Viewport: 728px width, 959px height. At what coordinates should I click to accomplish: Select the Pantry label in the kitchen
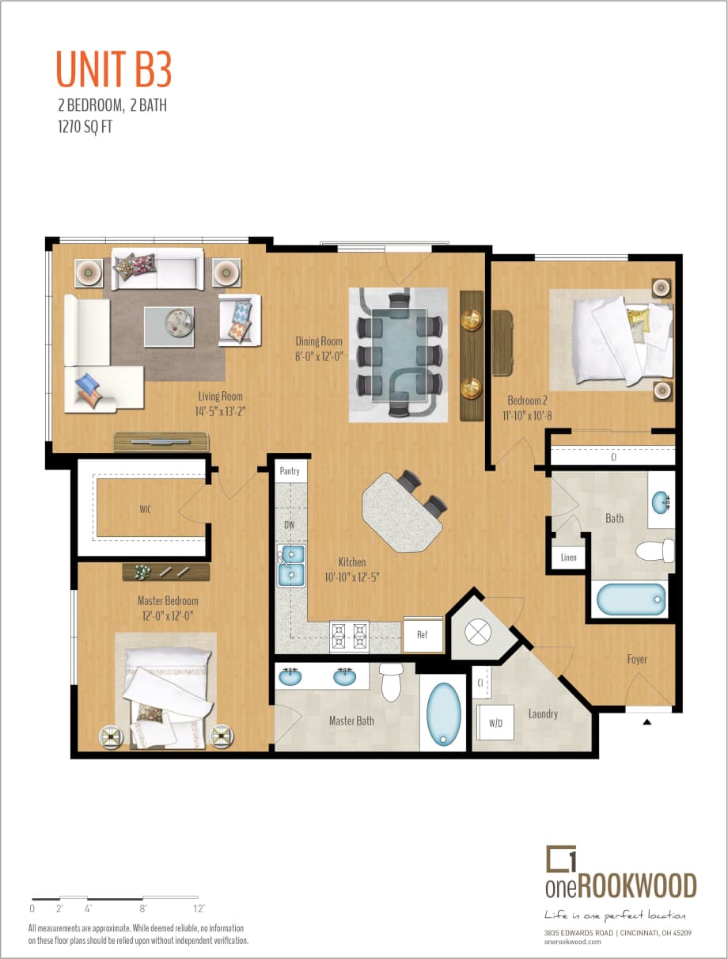pyautogui.click(x=290, y=471)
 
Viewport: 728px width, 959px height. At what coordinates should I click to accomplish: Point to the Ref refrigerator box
pyautogui.click(x=423, y=634)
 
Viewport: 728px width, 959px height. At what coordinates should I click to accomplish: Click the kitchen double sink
pyautogui.click(x=290, y=564)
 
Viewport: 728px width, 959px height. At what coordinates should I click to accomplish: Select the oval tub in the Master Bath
pyautogui.click(x=443, y=714)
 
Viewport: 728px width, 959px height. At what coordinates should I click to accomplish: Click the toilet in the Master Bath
pyautogui.click(x=392, y=682)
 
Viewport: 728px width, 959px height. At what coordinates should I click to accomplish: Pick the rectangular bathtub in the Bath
pyautogui.click(x=631, y=599)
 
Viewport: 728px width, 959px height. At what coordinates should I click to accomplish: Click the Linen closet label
pyautogui.click(x=569, y=557)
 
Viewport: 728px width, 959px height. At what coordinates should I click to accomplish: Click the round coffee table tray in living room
pyautogui.click(x=178, y=322)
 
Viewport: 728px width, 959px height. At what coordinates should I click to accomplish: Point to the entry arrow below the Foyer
pyautogui.click(x=647, y=721)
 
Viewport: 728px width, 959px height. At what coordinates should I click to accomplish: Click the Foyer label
pyautogui.click(x=637, y=659)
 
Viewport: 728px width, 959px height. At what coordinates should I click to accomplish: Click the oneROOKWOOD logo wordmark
pyautogui.click(x=620, y=885)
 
